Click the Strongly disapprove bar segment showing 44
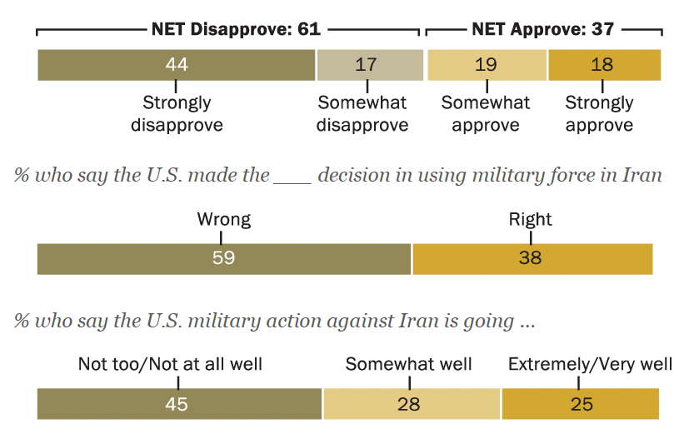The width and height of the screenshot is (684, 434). [176, 65]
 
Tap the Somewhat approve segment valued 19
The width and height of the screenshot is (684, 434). [487, 65]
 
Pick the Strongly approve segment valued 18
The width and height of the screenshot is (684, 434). [604, 65]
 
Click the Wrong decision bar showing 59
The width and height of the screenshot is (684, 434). [223, 259]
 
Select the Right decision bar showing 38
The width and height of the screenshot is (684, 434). [532, 259]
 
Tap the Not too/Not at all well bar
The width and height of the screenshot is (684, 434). [179, 404]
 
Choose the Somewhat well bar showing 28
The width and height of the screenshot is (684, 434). [412, 404]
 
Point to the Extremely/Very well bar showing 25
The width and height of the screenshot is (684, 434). [580, 404]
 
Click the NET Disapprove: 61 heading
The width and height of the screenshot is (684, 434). [236, 29]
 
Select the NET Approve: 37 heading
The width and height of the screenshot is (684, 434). [542, 29]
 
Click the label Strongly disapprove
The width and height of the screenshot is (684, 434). [177, 114]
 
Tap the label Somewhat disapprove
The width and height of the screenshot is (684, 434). [362, 114]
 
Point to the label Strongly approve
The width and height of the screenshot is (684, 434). [599, 114]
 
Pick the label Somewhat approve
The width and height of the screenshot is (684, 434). [486, 114]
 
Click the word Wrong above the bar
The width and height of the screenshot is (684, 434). [223, 220]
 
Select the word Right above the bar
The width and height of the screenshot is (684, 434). [531, 220]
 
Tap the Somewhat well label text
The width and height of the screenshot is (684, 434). [408, 364]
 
